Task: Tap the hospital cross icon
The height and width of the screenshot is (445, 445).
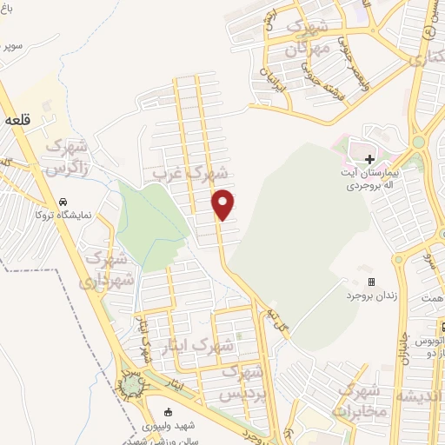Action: point(369,159)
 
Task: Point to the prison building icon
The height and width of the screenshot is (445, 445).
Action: point(371,282)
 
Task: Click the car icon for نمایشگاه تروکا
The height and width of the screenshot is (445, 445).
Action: point(63,202)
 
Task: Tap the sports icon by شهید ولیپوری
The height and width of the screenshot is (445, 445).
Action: point(169,412)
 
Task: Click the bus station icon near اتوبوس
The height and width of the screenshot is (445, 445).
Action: point(442,328)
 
